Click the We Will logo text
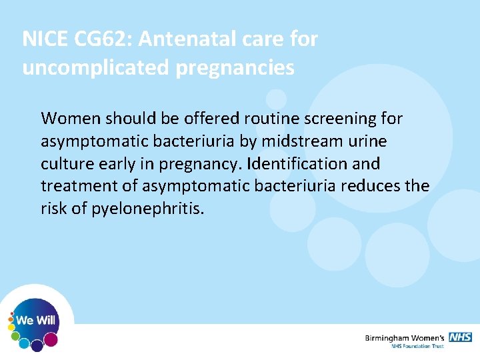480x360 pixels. (x=36, y=321)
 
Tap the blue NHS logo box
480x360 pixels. (x=460, y=337)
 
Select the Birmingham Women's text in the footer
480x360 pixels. (x=405, y=339)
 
